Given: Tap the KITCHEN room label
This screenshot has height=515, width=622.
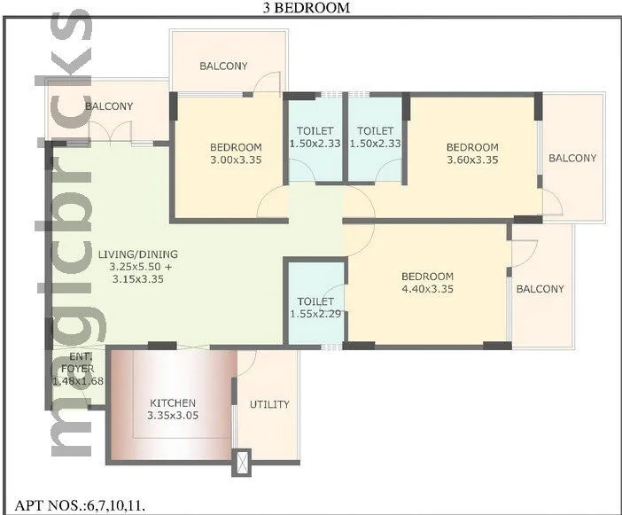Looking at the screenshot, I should [172, 403].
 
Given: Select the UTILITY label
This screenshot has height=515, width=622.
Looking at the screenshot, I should [269, 404].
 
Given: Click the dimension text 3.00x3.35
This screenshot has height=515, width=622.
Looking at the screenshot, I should [236, 160].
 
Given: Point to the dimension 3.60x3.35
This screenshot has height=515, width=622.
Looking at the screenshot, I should [471, 160].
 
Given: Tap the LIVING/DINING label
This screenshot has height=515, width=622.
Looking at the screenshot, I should [136, 253].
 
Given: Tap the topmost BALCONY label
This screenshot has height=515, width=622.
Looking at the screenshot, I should [223, 66].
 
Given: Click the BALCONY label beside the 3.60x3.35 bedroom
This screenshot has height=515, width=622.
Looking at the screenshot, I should [571, 159].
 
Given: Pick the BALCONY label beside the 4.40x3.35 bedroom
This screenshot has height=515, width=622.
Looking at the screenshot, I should [540, 289].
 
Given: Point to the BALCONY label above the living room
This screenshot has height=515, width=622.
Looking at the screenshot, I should [109, 106].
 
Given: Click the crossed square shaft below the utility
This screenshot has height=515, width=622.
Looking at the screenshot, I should [240, 462].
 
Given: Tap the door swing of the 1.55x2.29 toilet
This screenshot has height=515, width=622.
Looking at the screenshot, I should [335, 296].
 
